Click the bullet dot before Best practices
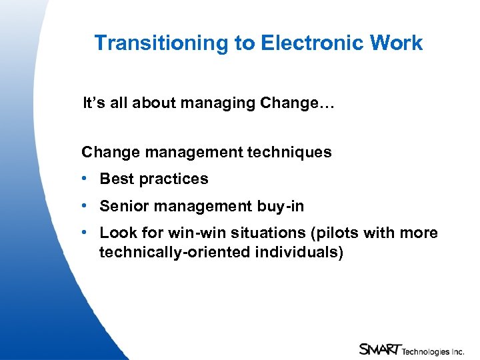[x=85, y=179]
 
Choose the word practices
[x=174, y=179]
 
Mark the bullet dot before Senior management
[x=85, y=207]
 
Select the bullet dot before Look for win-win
[x=85, y=233]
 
